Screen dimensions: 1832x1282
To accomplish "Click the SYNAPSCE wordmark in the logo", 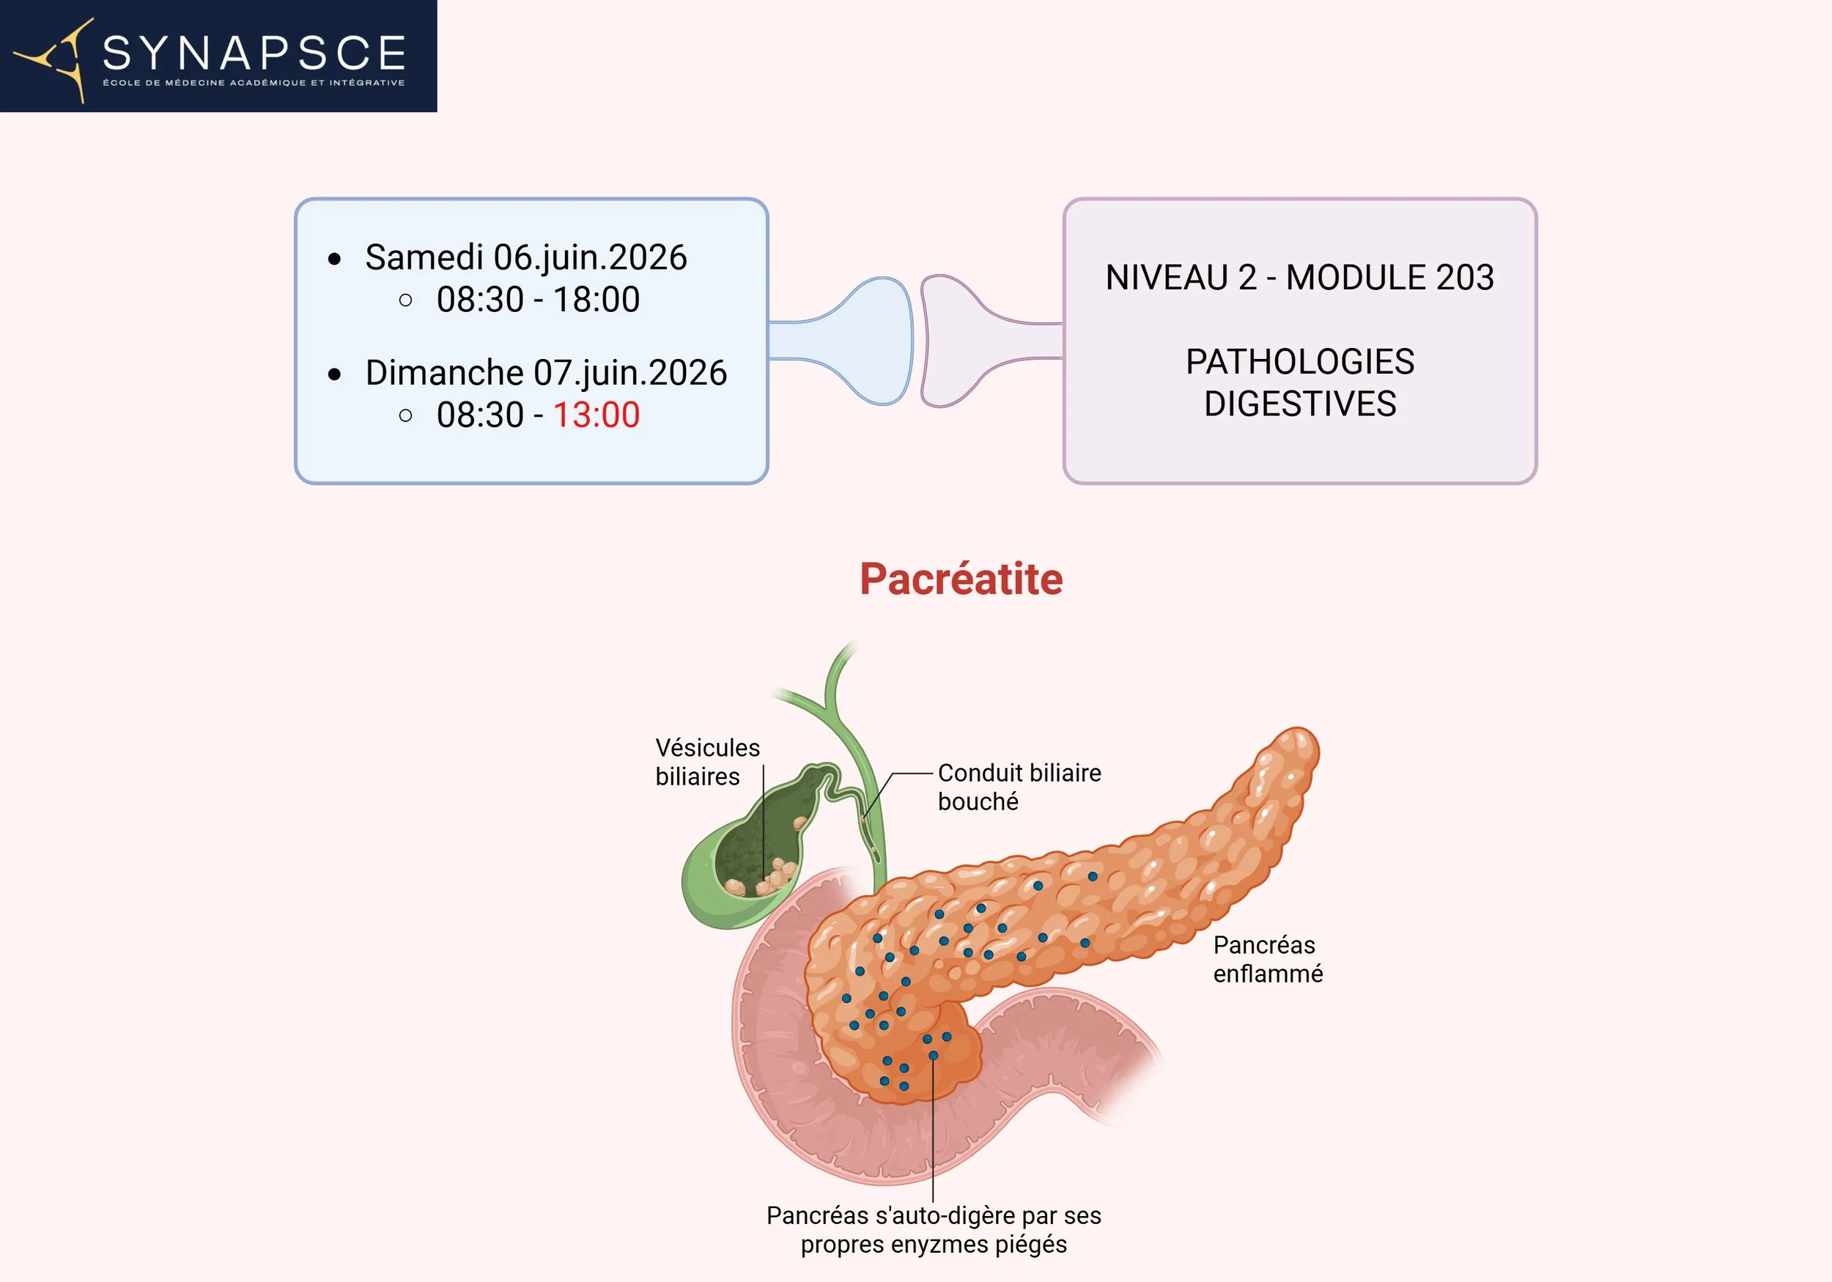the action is [254, 53].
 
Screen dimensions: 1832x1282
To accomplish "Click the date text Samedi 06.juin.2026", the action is [526, 258].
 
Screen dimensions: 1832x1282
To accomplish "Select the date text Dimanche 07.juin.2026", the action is [546, 373].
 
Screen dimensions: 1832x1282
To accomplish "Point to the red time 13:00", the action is [596, 415].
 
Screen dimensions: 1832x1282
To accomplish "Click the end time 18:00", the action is [596, 300].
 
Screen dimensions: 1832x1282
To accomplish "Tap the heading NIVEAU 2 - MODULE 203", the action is [1299, 278].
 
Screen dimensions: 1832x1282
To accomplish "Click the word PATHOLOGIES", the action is [1300, 362].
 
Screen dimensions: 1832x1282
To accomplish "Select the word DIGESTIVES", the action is [1300, 404].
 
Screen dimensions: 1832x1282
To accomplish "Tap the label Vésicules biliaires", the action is [707, 762].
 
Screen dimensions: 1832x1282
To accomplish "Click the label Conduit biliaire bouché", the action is [1019, 787].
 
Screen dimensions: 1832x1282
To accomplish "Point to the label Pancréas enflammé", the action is [1267, 959].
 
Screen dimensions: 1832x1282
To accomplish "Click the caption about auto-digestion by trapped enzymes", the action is [934, 1229].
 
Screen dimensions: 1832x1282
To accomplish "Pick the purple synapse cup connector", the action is [958, 341].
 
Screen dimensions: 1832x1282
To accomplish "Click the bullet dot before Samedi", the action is [335, 259].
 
